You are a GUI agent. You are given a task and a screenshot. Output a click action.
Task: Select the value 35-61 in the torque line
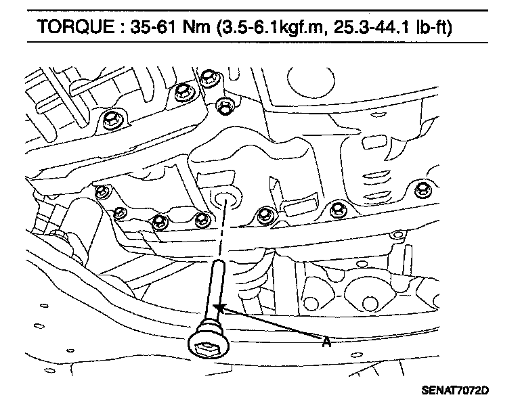(152, 26)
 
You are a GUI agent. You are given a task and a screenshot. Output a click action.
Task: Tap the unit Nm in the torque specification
(196, 26)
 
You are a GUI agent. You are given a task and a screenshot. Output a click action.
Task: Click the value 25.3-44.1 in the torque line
(372, 26)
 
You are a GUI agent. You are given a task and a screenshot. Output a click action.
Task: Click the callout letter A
(326, 342)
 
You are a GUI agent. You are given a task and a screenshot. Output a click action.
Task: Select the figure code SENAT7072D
(455, 390)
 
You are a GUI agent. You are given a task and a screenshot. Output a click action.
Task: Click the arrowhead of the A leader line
(219, 308)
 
